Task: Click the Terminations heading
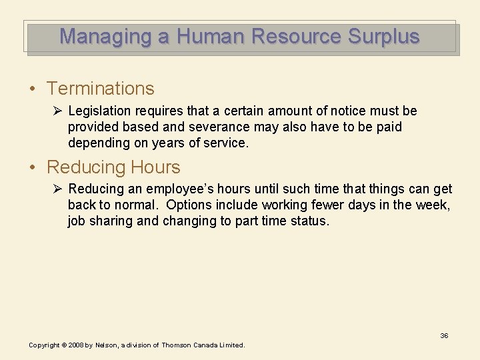click(x=100, y=89)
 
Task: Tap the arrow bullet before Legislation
click(x=57, y=111)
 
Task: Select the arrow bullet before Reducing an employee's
click(x=57, y=189)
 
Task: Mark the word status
click(x=309, y=221)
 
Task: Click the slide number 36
click(x=444, y=335)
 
